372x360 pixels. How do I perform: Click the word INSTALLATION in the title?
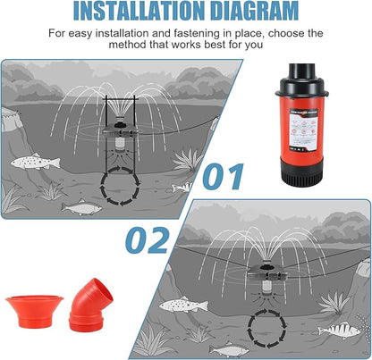[x=131, y=12]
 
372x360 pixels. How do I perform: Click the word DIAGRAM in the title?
[x=252, y=12]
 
